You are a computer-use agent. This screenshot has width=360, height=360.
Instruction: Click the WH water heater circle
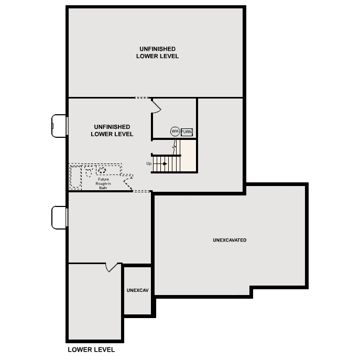pyautogui.click(x=174, y=132)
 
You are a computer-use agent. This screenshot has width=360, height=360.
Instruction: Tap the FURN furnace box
pyautogui.click(x=187, y=132)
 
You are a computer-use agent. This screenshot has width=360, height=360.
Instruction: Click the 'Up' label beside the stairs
pyautogui.click(x=149, y=164)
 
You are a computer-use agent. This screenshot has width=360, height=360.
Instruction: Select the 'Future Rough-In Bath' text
pyautogui.click(x=103, y=183)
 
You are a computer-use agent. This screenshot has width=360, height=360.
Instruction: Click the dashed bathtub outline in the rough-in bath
pyautogui.click(x=75, y=177)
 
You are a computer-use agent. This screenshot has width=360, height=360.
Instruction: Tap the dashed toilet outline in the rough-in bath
pyautogui.click(x=89, y=171)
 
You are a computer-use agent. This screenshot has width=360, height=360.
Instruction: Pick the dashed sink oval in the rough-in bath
pyautogui.click(x=102, y=170)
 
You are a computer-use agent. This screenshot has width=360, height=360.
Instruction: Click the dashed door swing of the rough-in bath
pyautogui.click(x=127, y=182)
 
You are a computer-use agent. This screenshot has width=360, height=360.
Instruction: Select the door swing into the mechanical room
pyautogui.click(x=156, y=106)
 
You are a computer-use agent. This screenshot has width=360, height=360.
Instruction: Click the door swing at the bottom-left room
pyautogui.click(x=111, y=267)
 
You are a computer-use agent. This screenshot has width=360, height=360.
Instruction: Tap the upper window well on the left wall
pyautogui.click(x=59, y=126)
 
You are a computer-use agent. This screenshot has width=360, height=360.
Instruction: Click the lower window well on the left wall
pyautogui.click(x=59, y=217)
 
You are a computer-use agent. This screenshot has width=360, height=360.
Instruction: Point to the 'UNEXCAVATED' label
pyautogui.click(x=230, y=240)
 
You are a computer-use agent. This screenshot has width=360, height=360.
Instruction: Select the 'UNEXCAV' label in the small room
pyautogui.click(x=137, y=290)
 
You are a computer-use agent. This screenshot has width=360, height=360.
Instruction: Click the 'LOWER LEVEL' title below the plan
pyautogui.click(x=91, y=350)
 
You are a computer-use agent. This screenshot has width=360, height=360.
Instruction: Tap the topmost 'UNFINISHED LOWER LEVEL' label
pyautogui.click(x=157, y=52)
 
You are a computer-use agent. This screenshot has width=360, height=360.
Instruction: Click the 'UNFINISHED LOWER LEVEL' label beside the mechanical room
pyautogui.click(x=112, y=130)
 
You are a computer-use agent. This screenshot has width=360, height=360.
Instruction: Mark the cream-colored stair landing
pyautogui.click(x=189, y=156)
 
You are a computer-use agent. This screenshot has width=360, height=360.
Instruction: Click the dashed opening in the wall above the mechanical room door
pyautogui.click(x=141, y=98)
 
